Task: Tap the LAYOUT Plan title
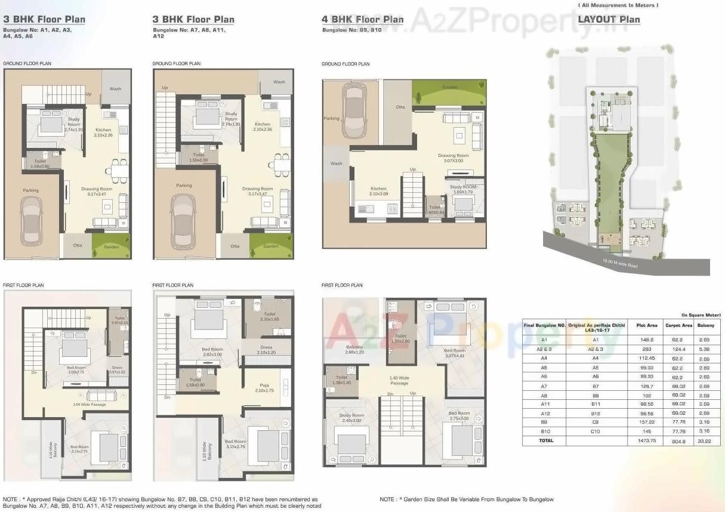(x=609, y=19)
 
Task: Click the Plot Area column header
(x=647, y=326)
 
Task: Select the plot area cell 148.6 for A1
(x=647, y=340)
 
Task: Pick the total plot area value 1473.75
(x=647, y=440)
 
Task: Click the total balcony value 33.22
(x=706, y=440)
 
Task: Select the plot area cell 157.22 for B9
(x=647, y=421)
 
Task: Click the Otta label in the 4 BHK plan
(x=400, y=107)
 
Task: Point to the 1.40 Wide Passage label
(x=399, y=381)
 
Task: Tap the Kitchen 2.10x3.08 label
(x=378, y=191)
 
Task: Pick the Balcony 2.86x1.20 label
(x=354, y=350)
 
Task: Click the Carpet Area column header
(x=679, y=326)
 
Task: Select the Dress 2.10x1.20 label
(x=266, y=350)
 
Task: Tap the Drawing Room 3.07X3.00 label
(x=453, y=158)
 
